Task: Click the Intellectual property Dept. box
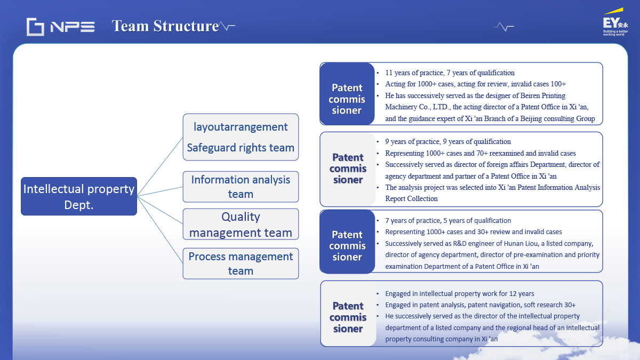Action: (x=79, y=196)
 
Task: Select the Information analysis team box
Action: (x=241, y=187)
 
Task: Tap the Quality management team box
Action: (x=241, y=224)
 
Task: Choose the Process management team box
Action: (x=241, y=263)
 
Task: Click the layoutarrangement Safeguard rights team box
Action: (x=241, y=137)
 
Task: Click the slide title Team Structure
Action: (x=165, y=26)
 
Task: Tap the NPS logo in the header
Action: (x=61, y=26)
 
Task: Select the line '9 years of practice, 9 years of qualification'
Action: (x=448, y=141)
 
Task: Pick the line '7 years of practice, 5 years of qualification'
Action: (x=448, y=220)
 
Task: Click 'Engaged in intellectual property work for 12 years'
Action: (x=459, y=293)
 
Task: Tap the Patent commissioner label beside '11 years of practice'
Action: (x=347, y=99)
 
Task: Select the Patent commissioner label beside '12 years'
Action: (x=348, y=317)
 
